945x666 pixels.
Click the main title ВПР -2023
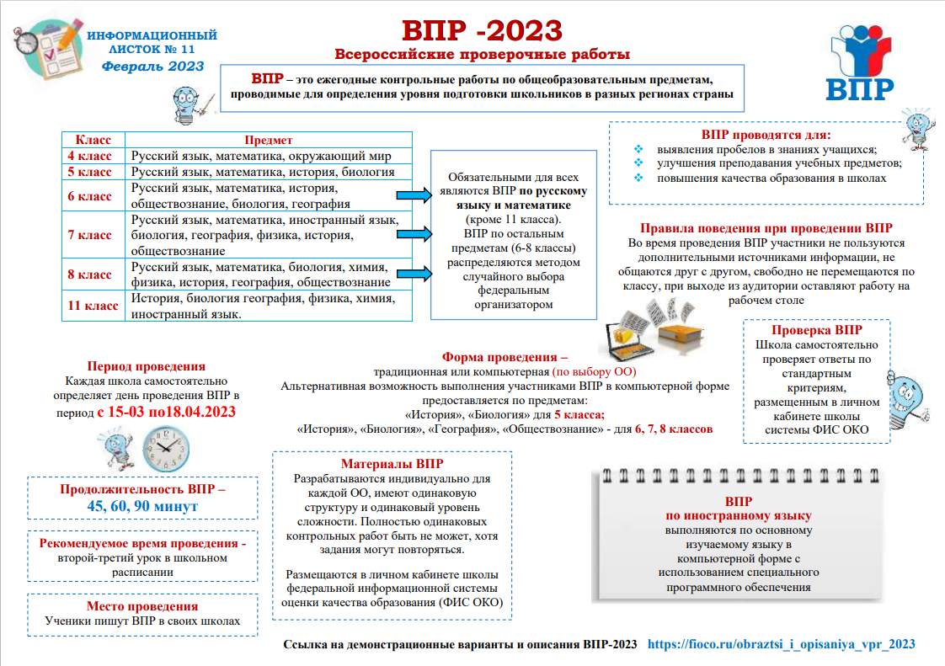(x=481, y=31)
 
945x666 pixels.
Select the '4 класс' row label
(x=89, y=156)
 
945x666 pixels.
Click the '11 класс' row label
(x=93, y=306)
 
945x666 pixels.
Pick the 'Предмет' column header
(x=269, y=140)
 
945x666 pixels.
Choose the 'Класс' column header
(x=93, y=140)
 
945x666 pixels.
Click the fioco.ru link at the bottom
(x=781, y=644)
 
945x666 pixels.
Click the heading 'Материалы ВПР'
(x=392, y=464)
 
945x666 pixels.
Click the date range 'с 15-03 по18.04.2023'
(x=166, y=412)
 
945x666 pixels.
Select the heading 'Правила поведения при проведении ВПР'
(x=766, y=228)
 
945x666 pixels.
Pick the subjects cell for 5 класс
(x=263, y=172)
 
